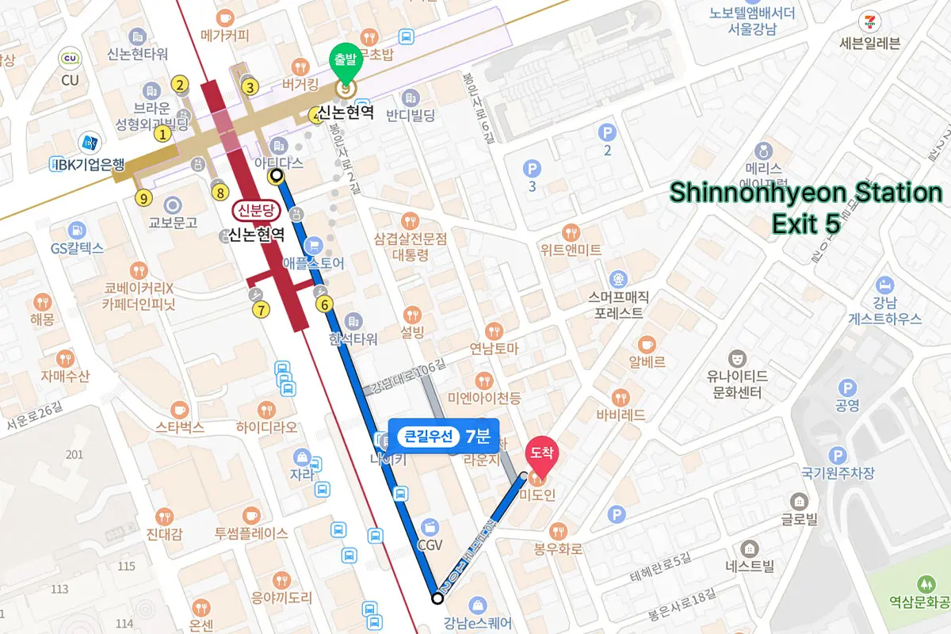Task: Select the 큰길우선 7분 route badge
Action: [x=443, y=436]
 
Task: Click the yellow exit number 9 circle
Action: [x=143, y=198]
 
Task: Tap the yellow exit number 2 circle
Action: [x=181, y=86]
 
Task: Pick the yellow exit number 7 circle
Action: [x=261, y=309]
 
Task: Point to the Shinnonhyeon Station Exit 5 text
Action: [x=806, y=208]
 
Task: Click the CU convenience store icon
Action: [x=71, y=58]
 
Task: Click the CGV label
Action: [x=430, y=544]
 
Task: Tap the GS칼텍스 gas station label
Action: [x=77, y=248]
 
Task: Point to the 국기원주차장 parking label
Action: [x=838, y=473]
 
